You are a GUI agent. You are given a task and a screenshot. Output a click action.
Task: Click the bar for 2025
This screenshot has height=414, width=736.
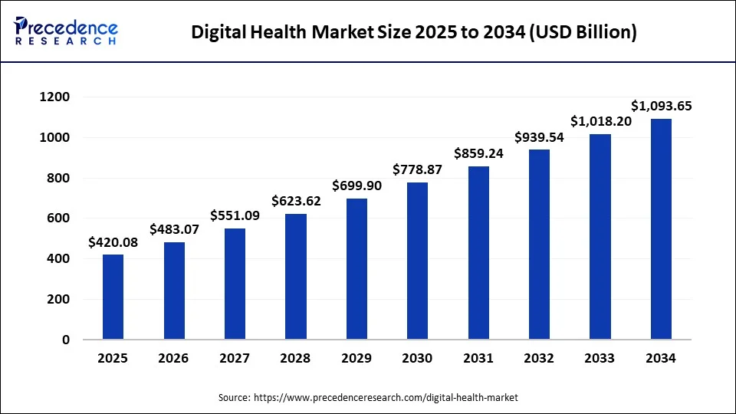[113, 297]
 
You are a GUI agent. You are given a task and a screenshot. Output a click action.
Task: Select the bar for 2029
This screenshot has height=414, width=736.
[356, 268]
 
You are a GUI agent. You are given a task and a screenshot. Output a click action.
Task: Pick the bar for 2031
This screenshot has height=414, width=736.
[478, 252]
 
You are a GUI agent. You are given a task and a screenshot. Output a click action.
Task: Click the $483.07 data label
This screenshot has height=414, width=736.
[174, 228]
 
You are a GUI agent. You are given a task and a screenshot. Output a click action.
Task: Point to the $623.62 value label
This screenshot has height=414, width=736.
[296, 201]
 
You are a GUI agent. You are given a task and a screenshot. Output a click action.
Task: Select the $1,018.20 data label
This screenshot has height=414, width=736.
[600, 121]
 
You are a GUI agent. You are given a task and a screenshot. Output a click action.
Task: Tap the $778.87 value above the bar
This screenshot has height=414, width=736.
[418, 169]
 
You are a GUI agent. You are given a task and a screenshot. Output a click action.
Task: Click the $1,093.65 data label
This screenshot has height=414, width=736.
[661, 106]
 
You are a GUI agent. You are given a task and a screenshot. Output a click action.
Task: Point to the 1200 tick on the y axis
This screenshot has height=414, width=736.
[54, 97]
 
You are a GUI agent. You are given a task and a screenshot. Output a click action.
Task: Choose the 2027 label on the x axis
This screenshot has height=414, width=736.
[235, 358]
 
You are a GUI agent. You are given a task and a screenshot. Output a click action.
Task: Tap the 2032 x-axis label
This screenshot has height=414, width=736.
[540, 358]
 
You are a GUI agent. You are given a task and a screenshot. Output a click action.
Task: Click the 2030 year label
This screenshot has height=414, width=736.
[418, 358]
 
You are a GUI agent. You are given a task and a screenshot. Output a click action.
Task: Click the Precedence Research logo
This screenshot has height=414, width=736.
[66, 31]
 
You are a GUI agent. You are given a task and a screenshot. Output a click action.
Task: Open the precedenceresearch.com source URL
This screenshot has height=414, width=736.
[386, 397]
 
